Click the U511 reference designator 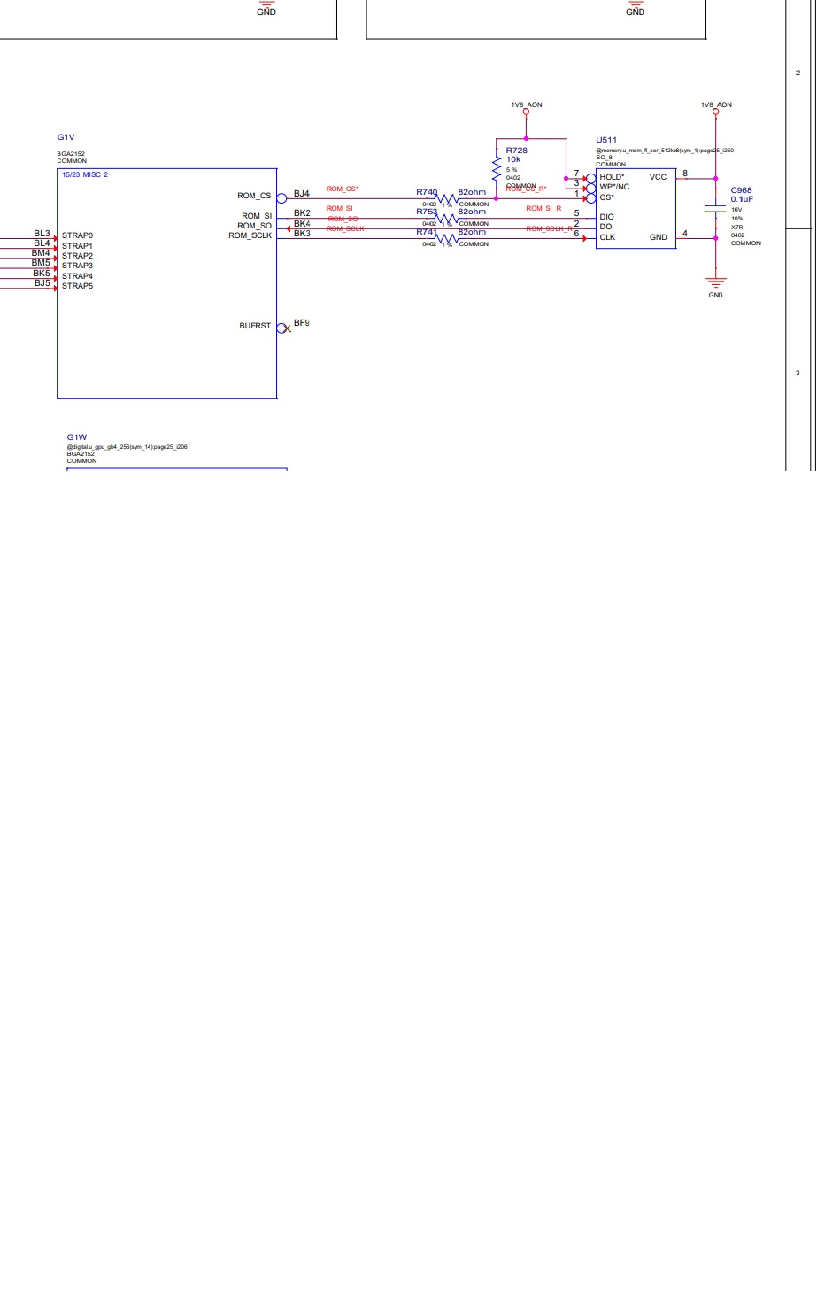pyautogui.click(x=606, y=140)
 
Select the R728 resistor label pyautogui.click(x=516, y=151)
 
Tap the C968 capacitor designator pyautogui.click(x=741, y=190)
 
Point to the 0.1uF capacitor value pyautogui.click(x=742, y=199)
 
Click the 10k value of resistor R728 pyautogui.click(x=513, y=159)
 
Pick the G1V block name pyautogui.click(x=66, y=137)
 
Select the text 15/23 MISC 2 pyautogui.click(x=85, y=174)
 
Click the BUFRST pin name pyautogui.click(x=255, y=326)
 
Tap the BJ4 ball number pyautogui.click(x=302, y=193)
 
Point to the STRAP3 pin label pyautogui.click(x=77, y=266)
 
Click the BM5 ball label pyautogui.click(x=41, y=263)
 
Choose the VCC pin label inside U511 pyautogui.click(x=658, y=177)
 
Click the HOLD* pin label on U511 pyautogui.click(x=612, y=177)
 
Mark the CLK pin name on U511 pyautogui.click(x=607, y=237)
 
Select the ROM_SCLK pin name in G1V pyautogui.click(x=250, y=235)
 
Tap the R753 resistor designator pyautogui.click(x=427, y=212)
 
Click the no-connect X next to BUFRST pyautogui.click(x=286, y=328)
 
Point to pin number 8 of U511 pyautogui.click(x=685, y=174)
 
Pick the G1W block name pyautogui.click(x=77, y=437)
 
